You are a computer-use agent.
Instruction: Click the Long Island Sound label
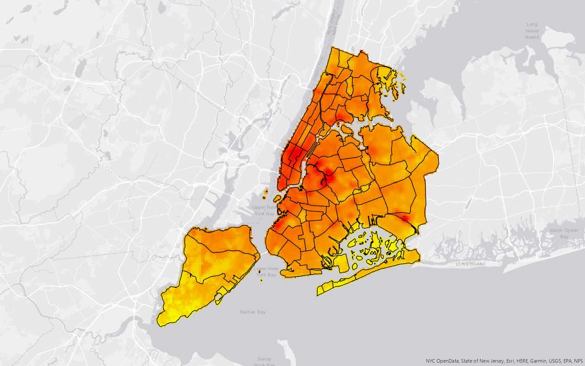pos(532,31)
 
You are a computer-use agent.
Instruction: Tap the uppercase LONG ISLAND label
pos(471,264)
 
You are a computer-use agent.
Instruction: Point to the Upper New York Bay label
pos(264,211)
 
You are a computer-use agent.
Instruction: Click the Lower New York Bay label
pos(266,271)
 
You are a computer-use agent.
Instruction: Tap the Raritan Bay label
pos(253,312)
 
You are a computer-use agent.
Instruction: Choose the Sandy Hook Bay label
pos(264,361)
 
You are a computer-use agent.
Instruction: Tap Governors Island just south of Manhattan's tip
pos(277,198)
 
